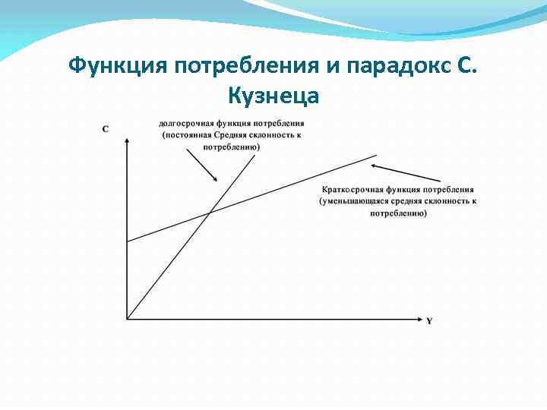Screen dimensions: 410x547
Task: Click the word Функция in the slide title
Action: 118,66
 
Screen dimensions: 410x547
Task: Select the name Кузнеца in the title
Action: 273,96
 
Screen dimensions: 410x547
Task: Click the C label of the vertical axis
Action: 105,129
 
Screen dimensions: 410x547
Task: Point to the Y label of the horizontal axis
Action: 429,321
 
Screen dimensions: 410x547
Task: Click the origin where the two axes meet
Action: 127,317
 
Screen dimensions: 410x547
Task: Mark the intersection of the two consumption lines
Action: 209,213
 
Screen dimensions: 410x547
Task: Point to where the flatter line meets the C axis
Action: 127,241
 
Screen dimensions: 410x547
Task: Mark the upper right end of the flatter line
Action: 377,155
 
